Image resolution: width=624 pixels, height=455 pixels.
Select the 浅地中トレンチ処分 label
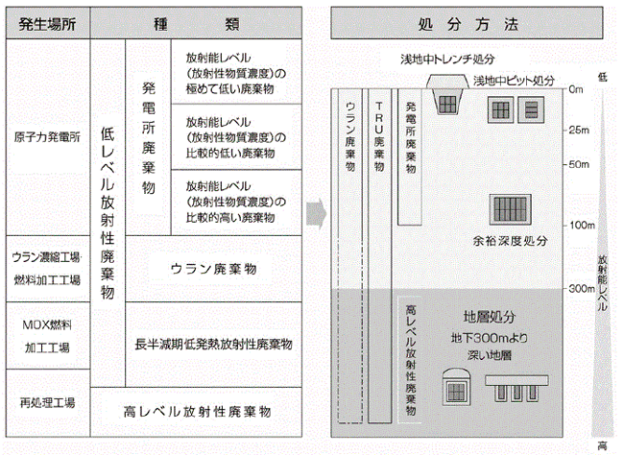click(445, 60)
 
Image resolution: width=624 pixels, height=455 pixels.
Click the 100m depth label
click(579, 225)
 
